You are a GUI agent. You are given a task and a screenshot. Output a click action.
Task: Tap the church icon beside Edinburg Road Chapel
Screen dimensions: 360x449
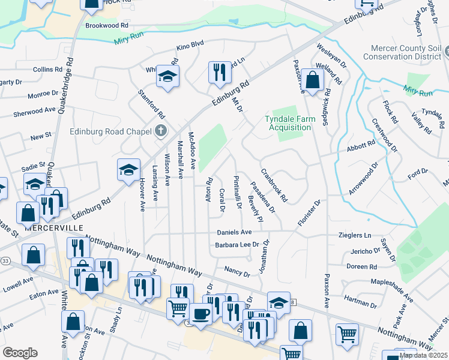(x=160, y=131)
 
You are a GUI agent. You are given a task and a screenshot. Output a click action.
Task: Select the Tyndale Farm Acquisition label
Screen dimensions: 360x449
(x=290, y=123)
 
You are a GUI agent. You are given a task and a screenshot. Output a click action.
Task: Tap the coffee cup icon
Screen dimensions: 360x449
(x=200, y=313)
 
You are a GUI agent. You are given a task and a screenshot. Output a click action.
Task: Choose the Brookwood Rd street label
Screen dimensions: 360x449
(x=107, y=26)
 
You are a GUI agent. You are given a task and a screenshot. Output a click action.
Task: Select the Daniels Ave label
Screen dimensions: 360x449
(x=237, y=232)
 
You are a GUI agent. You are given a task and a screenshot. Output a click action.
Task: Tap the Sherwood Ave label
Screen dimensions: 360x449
(x=34, y=112)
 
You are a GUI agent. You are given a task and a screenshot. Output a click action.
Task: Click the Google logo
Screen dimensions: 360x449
(x=20, y=352)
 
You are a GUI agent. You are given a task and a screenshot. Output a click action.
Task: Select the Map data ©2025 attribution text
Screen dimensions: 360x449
(x=423, y=355)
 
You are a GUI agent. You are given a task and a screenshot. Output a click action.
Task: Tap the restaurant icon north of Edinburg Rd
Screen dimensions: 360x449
(x=219, y=73)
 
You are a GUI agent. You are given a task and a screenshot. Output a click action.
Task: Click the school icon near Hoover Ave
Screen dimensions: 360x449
(x=128, y=170)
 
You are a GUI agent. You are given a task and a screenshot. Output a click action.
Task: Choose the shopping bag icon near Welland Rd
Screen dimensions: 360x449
(x=313, y=80)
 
